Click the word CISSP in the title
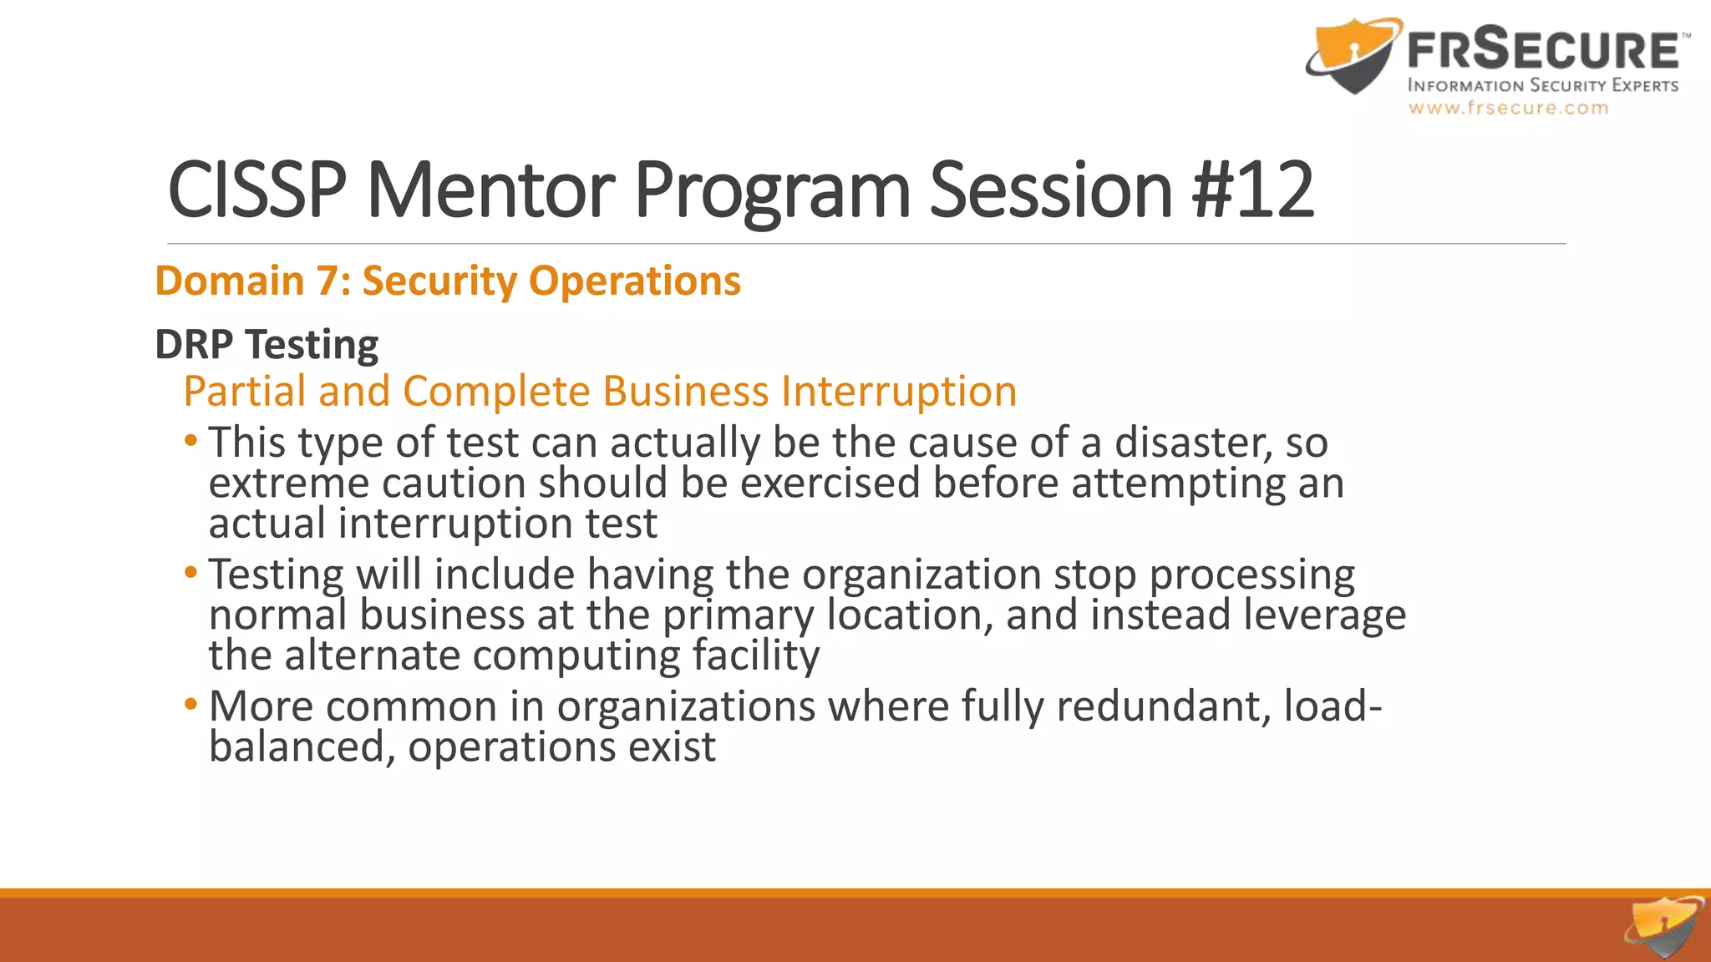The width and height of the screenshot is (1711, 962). pyautogui.click(x=256, y=190)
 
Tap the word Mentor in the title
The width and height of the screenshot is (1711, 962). pyautogui.click(x=490, y=190)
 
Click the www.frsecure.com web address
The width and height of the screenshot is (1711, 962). pyautogui.click(x=1508, y=108)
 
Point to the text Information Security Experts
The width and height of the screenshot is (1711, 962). pyautogui.click(x=1542, y=85)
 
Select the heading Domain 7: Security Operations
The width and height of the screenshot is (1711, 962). pyautogui.click(x=448, y=281)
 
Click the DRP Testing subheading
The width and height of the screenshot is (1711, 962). pyautogui.click(x=267, y=344)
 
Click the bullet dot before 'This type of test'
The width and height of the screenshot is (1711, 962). pyautogui.click(x=191, y=440)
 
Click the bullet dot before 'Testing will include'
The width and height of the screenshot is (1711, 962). pyautogui.click(x=191, y=572)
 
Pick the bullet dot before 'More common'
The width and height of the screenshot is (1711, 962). pyautogui.click(x=191, y=704)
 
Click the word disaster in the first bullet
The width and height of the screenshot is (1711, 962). pyautogui.click(x=1193, y=443)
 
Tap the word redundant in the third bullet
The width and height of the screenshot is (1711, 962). pyautogui.click(x=1163, y=706)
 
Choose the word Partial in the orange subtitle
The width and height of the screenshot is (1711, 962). pyautogui.click(x=244, y=391)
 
